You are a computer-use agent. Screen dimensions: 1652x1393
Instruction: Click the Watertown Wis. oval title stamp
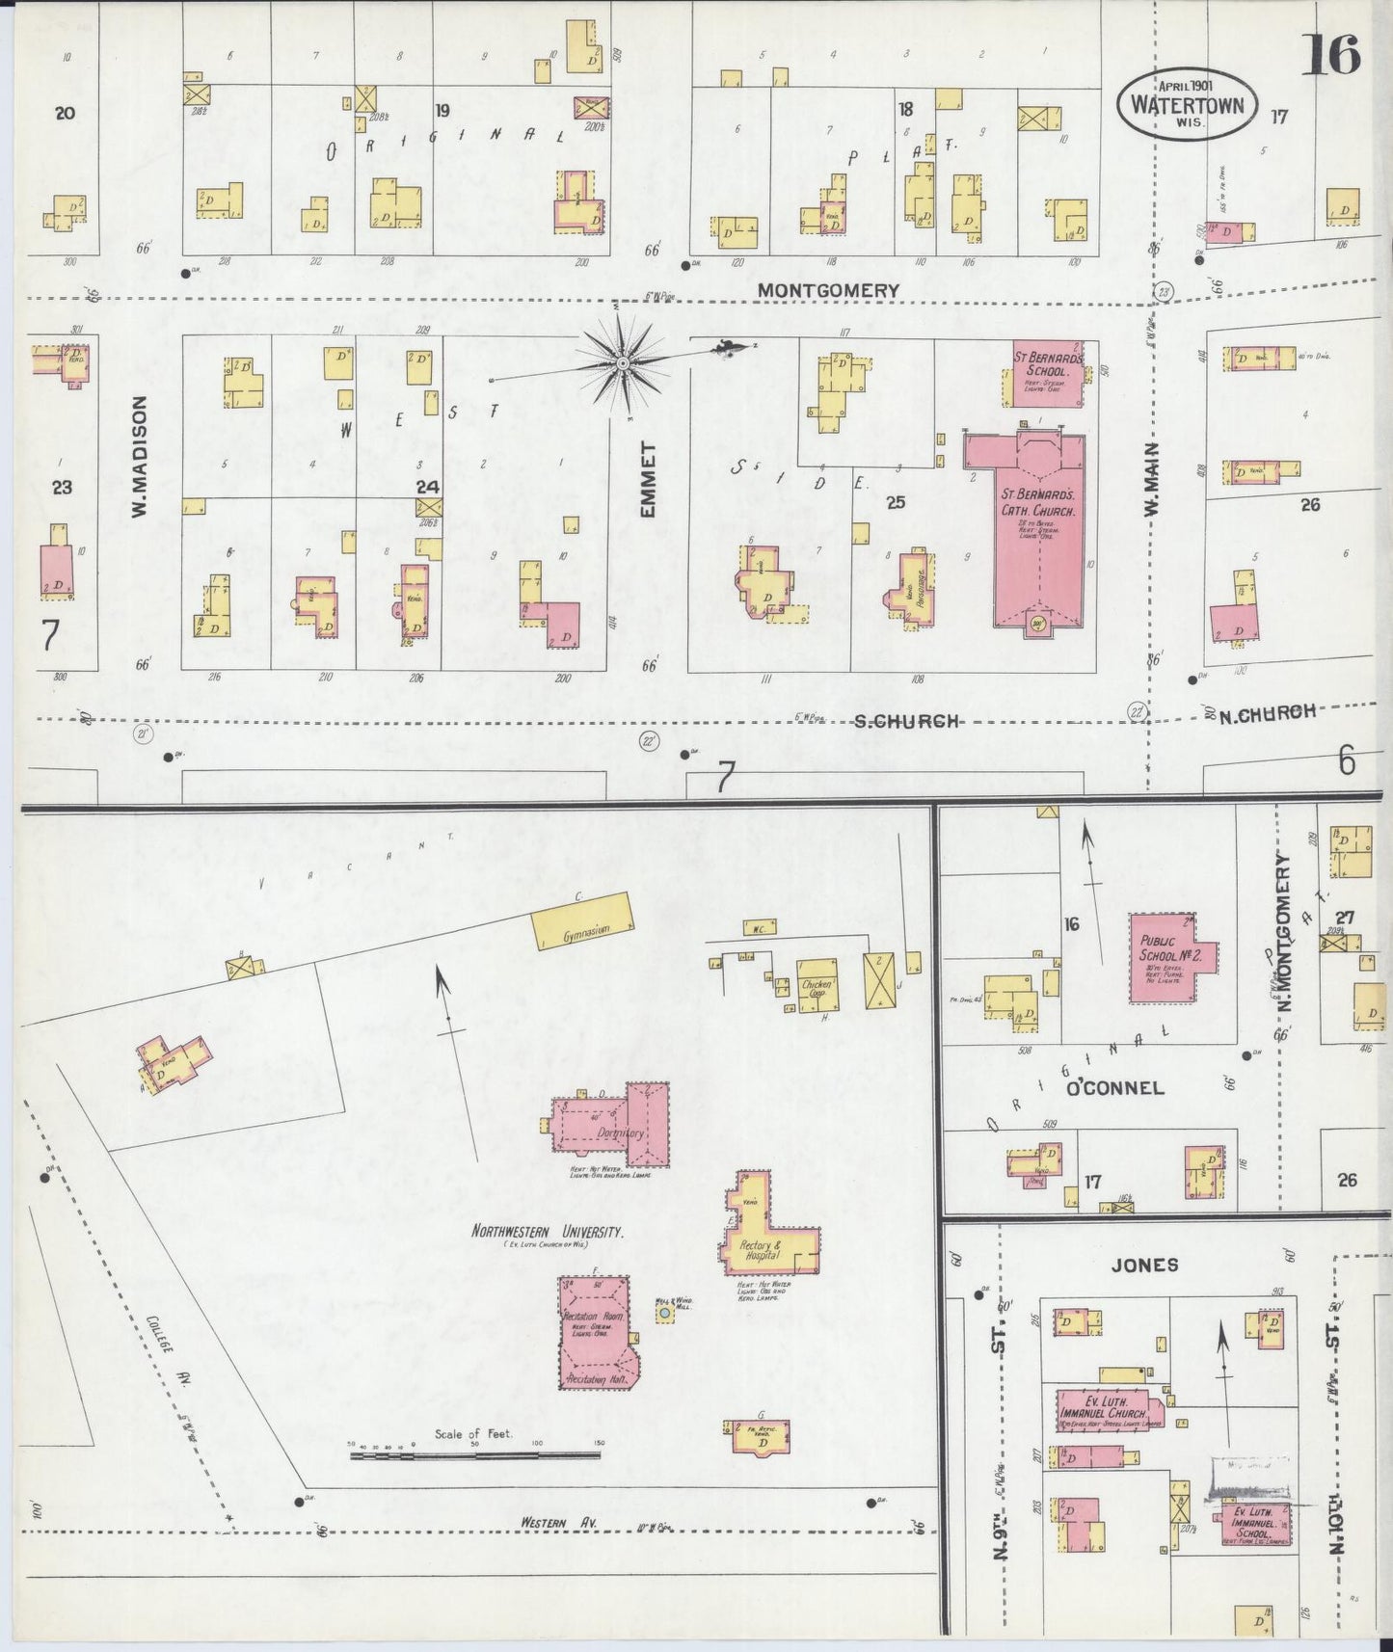click(1188, 104)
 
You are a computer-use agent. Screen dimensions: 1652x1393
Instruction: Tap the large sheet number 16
click(1330, 54)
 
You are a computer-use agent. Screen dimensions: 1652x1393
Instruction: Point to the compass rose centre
click(623, 363)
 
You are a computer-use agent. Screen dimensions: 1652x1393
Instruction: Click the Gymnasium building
click(584, 921)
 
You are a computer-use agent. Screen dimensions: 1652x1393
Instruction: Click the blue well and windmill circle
click(664, 1313)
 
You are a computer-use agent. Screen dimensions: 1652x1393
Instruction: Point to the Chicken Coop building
click(818, 986)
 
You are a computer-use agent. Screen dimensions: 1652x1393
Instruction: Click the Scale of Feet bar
click(474, 1454)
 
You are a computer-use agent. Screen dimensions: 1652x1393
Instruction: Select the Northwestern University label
click(547, 1231)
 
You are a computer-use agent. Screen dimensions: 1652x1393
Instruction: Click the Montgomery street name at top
click(827, 290)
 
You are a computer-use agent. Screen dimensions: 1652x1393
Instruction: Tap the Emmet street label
click(648, 479)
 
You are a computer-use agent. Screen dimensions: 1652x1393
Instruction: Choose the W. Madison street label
click(140, 457)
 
